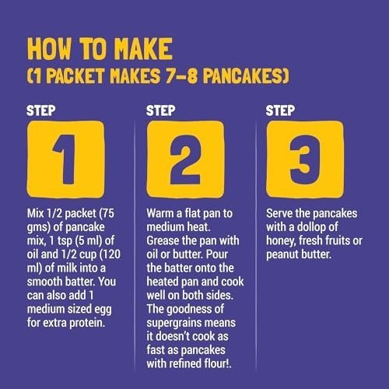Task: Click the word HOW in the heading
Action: (x=49, y=49)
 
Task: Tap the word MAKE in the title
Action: (x=143, y=49)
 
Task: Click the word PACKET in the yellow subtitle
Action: (x=75, y=76)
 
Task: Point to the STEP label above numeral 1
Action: (x=41, y=110)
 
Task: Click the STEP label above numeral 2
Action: (x=160, y=110)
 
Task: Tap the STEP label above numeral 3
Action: (x=280, y=110)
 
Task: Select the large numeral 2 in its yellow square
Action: (x=185, y=159)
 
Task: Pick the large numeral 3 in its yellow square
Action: (x=304, y=159)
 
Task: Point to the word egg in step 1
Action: (x=103, y=310)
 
